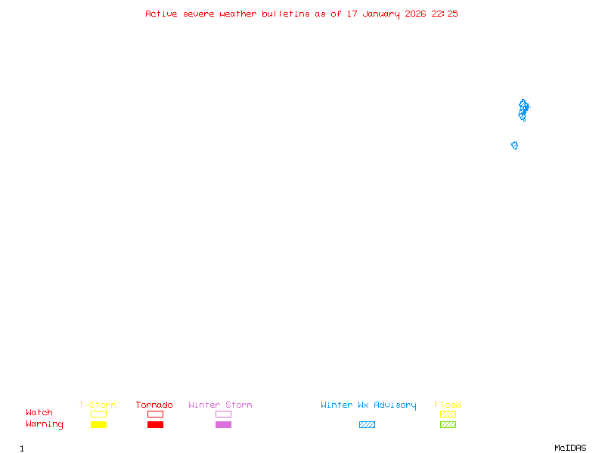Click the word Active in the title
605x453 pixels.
pos(162,14)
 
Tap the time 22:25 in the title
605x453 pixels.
pos(445,14)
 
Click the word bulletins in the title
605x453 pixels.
pos(286,14)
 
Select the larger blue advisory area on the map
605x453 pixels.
pos(523,109)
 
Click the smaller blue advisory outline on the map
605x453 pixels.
pos(514,145)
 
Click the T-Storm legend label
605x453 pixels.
pos(98,405)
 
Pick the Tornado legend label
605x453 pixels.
pos(154,405)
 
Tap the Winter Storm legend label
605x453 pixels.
pos(220,405)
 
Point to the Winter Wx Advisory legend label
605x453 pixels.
pos(368,405)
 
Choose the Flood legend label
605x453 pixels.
pos(448,405)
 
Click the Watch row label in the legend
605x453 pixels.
pos(39,413)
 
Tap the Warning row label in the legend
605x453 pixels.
pos(45,424)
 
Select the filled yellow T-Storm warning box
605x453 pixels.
pos(98,425)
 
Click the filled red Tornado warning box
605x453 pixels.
pos(155,425)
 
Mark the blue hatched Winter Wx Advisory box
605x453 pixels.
pos(367,425)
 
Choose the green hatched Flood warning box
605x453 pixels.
pos(448,425)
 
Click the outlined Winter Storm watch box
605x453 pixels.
pos(223,414)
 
